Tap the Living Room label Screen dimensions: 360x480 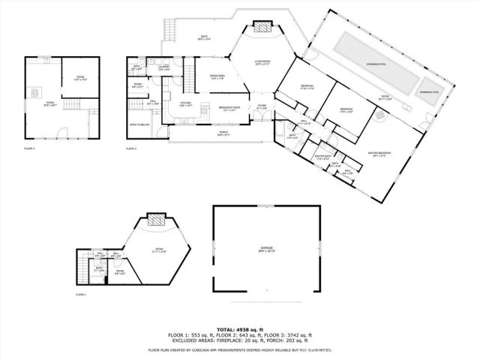pyautogui.click(x=262, y=62)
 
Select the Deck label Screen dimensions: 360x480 pyautogui.click(x=202, y=37)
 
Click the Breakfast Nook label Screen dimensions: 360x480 pyautogui.click(x=229, y=108)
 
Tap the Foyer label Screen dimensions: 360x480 pyautogui.click(x=262, y=106)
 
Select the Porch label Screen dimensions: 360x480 pyautogui.click(x=223, y=133)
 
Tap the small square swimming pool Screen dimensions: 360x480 pyautogui.click(x=430, y=91)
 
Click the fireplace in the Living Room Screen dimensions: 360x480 pyautogui.click(x=262, y=28)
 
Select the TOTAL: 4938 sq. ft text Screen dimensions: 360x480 pyautogui.click(x=240, y=330)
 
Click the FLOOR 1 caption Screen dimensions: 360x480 pyautogui.click(x=81, y=295)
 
